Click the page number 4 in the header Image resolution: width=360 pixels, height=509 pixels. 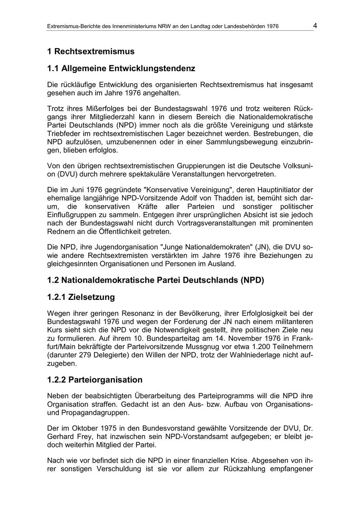pyautogui.click(x=315, y=26)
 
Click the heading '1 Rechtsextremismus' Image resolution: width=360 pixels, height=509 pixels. pyautogui.click(x=91, y=52)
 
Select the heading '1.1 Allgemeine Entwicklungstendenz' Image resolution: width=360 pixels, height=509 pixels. pyautogui.click(x=121, y=69)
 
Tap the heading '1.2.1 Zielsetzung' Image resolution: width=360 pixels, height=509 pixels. pyautogui.click(x=81, y=297)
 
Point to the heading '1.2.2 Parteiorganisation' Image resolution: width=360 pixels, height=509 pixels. pyautogui.click(x=95, y=380)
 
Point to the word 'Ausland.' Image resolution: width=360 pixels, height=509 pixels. pyautogui.click(x=222, y=263)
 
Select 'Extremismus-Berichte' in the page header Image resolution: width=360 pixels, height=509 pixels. pyautogui.click(x=72, y=27)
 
